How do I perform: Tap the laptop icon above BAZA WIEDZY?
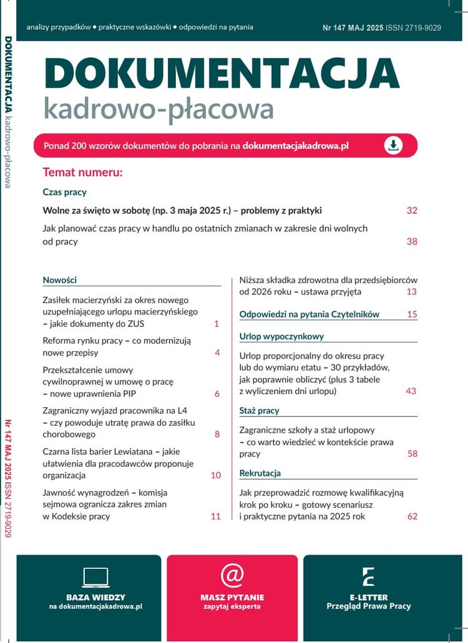click(95, 577)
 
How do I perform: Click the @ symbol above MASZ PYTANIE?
click(232, 576)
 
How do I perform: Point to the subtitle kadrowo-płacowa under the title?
click(158, 109)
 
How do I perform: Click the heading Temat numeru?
click(82, 172)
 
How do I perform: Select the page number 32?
click(411, 211)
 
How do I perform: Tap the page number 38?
click(411, 241)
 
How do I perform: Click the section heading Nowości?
click(59, 280)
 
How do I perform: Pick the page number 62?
click(412, 516)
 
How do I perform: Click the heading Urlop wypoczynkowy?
click(281, 336)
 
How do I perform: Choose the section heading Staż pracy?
click(259, 410)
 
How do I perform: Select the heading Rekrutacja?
click(260, 473)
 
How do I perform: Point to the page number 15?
click(412, 314)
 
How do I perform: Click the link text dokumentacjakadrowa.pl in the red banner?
click(295, 145)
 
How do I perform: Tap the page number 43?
click(411, 391)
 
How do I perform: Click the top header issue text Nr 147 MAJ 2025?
click(353, 27)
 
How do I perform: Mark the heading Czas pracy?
click(64, 192)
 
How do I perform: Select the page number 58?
click(412, 454)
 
